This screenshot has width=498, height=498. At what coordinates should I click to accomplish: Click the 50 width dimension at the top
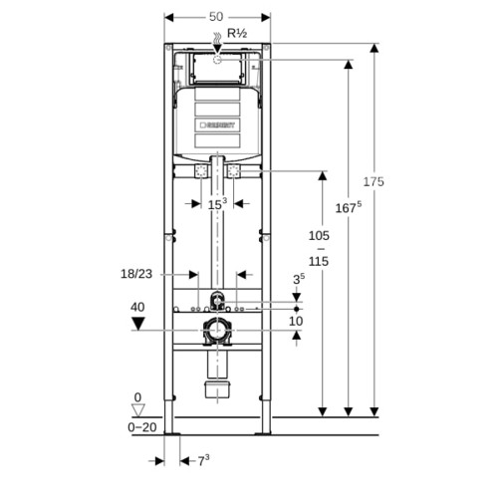(216, 17)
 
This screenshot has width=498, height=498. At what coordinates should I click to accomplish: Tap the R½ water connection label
(237, 33)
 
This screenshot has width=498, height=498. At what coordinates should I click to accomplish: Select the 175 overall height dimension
(373, 182)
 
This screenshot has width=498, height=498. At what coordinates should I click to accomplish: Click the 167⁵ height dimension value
(349, 208)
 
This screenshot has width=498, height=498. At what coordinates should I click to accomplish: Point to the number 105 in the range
(319, 236)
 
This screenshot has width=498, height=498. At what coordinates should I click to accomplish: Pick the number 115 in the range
(319, 261)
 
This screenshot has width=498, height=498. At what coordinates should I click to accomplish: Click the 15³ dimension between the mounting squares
(217, 204)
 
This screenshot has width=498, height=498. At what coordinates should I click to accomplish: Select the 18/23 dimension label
(136, 274)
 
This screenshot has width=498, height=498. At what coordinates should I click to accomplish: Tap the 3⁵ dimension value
(299, 279)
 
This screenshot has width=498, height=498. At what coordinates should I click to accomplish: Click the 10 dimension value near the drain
(296, 321)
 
